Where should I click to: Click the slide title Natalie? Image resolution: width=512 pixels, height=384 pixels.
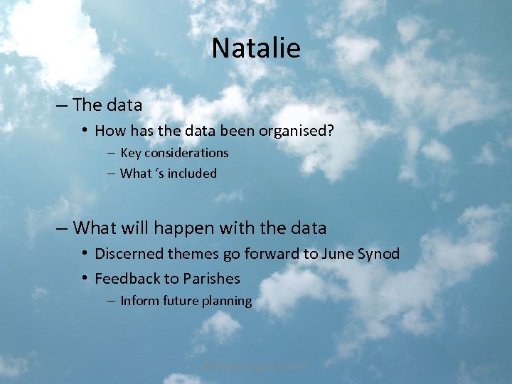(256, 48)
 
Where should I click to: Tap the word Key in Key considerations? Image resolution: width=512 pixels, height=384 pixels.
(131, 153)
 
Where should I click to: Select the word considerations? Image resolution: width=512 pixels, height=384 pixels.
(187, 153)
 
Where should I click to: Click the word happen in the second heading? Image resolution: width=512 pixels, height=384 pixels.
(184, 228)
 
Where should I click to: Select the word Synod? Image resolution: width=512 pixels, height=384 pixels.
(380, 254)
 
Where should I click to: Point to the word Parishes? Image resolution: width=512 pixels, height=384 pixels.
(211, 279)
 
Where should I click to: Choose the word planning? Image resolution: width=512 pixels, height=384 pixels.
(225, 302)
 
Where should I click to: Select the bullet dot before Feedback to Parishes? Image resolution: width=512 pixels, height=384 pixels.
(84, 278)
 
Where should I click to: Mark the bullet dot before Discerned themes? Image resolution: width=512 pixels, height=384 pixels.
(84, 253)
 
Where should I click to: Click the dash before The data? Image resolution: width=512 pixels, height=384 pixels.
(62, 105)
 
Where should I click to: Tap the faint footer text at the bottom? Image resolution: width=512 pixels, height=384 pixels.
(256, 366)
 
